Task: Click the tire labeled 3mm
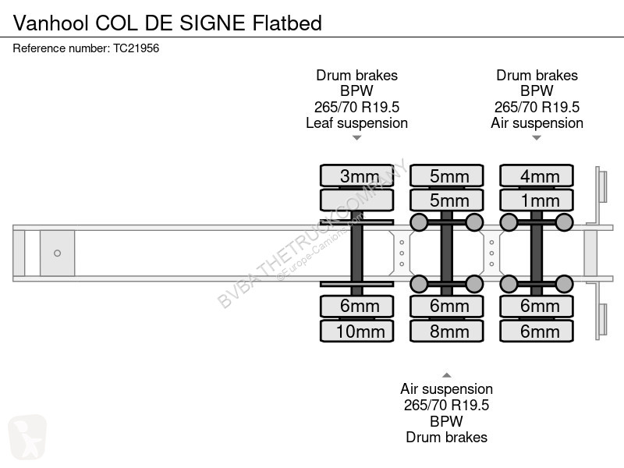[357, 175]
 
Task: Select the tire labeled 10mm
[357, 331]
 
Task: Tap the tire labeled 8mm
[446, 331]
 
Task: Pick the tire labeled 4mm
[537, 175]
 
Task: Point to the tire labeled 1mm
[537, 200]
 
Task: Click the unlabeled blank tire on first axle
[357, 200]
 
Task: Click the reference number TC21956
[136, 48]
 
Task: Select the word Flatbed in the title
[287, 23]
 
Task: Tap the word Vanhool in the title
[51, 23]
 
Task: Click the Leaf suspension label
[357, 123]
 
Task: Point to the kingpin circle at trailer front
[57, 253]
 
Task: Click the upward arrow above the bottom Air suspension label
[446, 375]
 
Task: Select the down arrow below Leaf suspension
[357, 138]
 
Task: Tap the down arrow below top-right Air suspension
[537, 138]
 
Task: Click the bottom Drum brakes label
[446, 438]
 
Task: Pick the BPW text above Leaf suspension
[356, 90]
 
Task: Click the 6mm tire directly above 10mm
[357, 306]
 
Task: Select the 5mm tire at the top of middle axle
[446, 175]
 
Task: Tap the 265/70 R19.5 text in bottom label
[446, 405]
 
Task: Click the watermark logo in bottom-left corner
[27, 437]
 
